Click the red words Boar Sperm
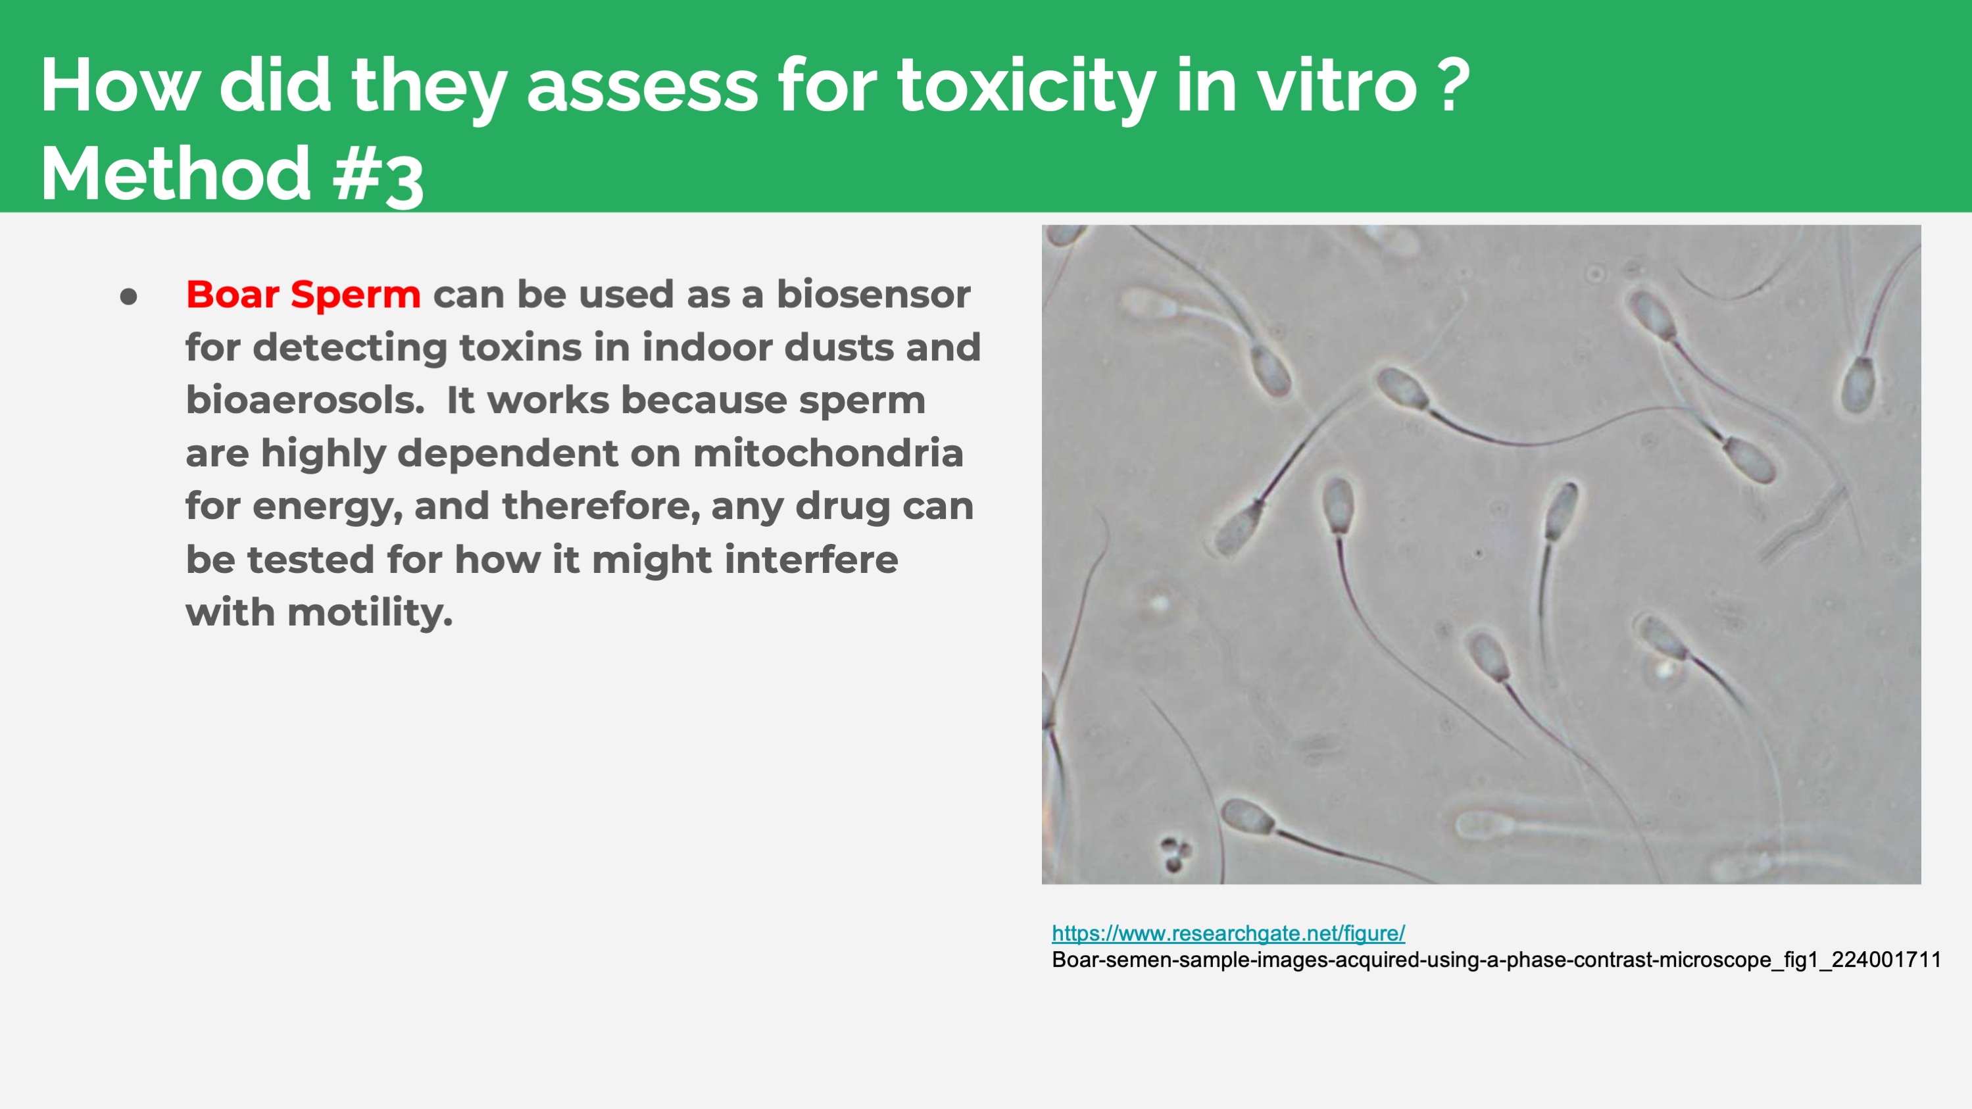(303, 295)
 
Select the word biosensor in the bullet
(874, 295)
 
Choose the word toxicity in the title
(1027, 86)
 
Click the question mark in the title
(1452, 84)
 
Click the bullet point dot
(129, 296)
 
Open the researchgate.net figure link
(1228, 933)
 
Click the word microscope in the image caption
(1715, 960)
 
